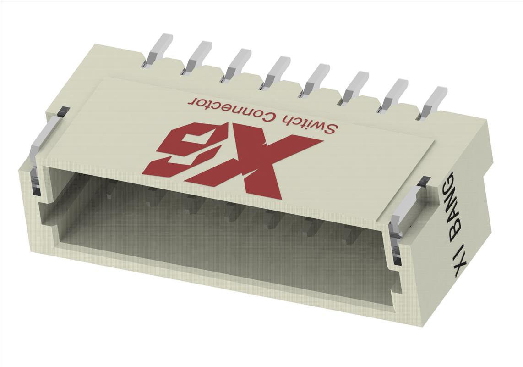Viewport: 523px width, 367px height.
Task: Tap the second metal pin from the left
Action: click(x=197, y=57)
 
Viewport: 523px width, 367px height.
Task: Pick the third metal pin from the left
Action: click(x=236, y=64)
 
